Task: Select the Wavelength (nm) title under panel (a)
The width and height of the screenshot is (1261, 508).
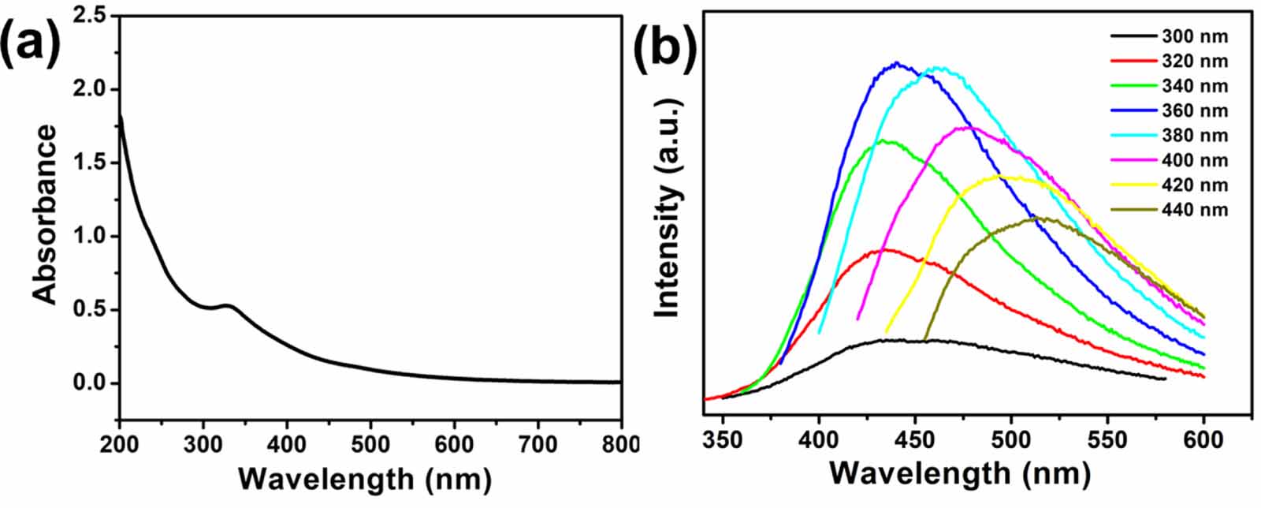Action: point(364,478)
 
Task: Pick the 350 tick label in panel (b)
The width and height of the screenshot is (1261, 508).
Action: point(723,439)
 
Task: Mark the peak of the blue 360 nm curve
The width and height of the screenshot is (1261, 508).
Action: point(896,63)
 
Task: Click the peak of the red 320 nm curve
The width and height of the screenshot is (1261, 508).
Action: point(884,249)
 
